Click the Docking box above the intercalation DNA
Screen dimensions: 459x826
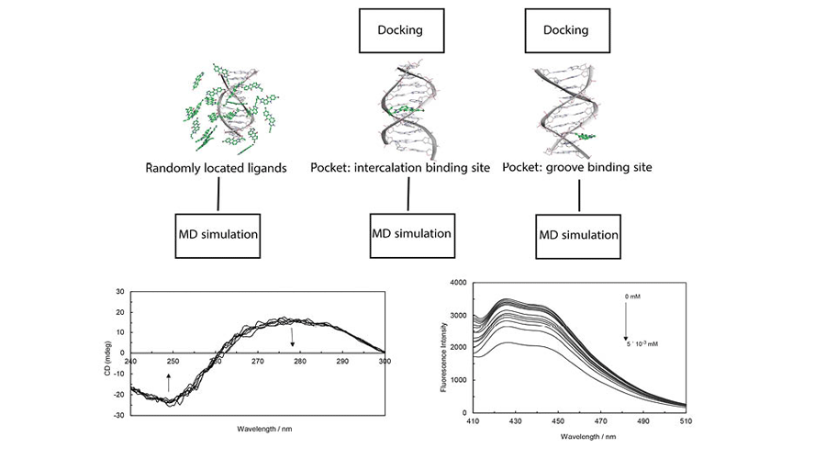tap(400, 29)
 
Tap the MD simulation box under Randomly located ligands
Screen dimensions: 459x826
tap(218, 233)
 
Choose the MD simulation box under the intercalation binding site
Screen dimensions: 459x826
tap(411, 233)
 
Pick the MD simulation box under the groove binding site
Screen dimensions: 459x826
tap(577, 235)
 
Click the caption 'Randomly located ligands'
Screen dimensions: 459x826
tap(217, 169)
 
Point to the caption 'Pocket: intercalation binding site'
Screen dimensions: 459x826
tap(407, 169)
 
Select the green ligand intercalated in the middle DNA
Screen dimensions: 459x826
tap(400, 111)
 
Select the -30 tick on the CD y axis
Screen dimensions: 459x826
tap(119, 415)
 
